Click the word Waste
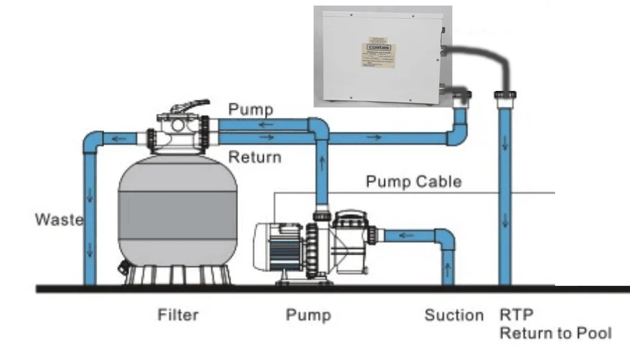pos(59,220)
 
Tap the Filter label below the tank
pos(176,315)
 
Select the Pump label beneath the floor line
pos(308,316)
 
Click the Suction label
pos(454,316)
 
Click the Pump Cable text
pos(413,182)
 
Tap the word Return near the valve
pos(255,157)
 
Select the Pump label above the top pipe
pos(250,109)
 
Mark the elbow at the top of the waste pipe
pos(92,142)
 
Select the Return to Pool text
pos(555,333)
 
